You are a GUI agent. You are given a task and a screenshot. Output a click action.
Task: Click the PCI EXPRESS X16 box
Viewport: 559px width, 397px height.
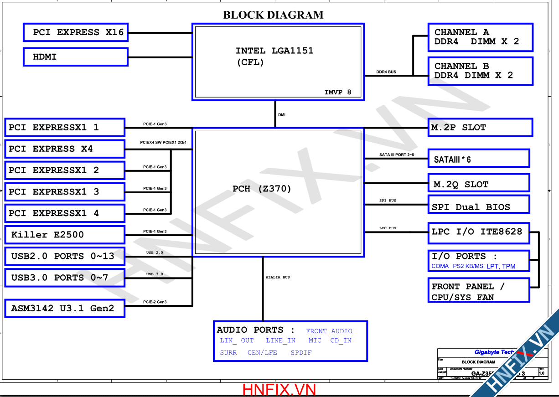[x=76, y=32]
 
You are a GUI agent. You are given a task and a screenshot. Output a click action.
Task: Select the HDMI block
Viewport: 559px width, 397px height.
[x=76, y=57]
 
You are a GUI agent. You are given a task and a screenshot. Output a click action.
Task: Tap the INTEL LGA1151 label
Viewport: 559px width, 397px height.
[x=274, y=51]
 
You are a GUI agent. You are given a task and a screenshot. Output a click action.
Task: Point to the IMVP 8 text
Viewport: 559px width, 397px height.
[x=338, y=92]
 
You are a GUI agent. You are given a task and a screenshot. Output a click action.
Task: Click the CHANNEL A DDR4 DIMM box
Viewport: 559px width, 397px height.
[x=480, y=37]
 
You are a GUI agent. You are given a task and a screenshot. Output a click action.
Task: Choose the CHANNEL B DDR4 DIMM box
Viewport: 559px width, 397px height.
[x=480, y=71]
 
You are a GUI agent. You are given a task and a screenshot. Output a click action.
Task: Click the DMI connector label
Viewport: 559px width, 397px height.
[x=282, y=115]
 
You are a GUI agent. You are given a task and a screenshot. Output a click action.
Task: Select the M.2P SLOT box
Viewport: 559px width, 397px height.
[x=480, y=128]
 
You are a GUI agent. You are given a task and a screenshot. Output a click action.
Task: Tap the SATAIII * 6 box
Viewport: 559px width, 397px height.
[x=478, y=159]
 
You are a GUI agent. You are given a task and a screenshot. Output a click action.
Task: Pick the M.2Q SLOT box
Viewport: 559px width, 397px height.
[x=478, y=184]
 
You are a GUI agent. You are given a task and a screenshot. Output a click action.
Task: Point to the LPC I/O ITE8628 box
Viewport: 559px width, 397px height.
[x=478, y=232]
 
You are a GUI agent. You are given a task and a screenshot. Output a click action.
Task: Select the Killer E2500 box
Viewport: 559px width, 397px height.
[x=64, y=235]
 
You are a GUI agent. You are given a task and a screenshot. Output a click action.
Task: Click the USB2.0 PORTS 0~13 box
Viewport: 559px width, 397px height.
[x=64, y=256]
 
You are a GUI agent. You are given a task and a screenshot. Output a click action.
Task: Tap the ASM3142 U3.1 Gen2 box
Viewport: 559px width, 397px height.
[x=64, y=308]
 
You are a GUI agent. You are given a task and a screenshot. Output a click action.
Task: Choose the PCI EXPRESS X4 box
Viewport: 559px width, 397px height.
[x=64, y=149]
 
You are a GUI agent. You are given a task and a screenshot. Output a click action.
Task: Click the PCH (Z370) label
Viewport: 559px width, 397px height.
[x=262, y=189]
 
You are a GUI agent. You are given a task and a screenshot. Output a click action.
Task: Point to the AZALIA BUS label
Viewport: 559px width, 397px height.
[x=278, y=277]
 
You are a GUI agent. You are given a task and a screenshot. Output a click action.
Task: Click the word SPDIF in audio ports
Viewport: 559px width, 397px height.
[x=301, y=353]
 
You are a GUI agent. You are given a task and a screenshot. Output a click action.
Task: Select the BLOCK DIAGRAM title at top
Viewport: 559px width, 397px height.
[x=273, y=15]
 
